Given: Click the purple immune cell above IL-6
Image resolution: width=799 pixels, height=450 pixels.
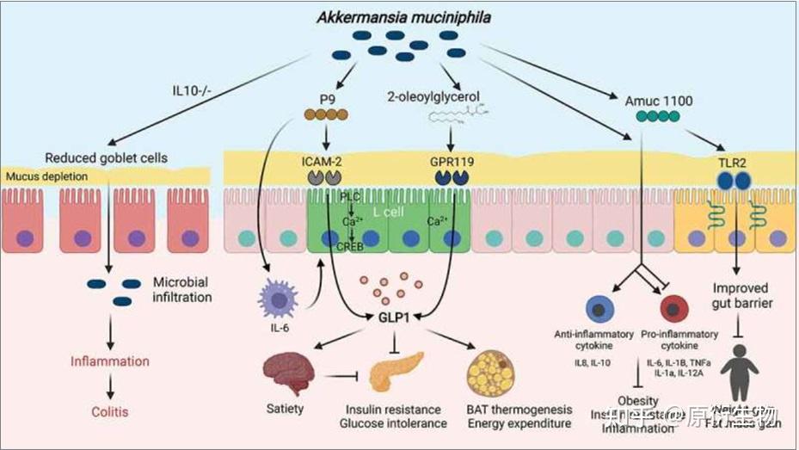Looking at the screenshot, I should coord(277,303).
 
